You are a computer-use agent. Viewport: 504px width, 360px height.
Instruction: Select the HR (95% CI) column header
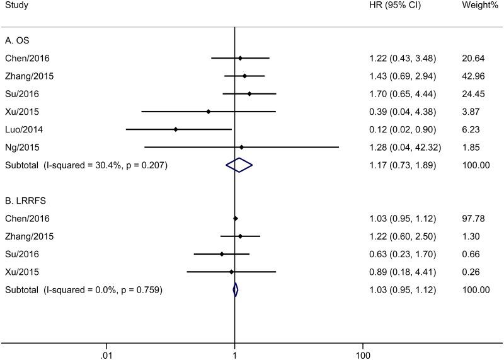click(395, 7)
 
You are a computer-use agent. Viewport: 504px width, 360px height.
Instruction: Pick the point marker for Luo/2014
click(176, 129)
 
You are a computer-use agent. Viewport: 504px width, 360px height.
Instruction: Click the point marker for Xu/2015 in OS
click(209, 112)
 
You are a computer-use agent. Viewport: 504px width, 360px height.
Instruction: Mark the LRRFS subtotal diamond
click(235, 289)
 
